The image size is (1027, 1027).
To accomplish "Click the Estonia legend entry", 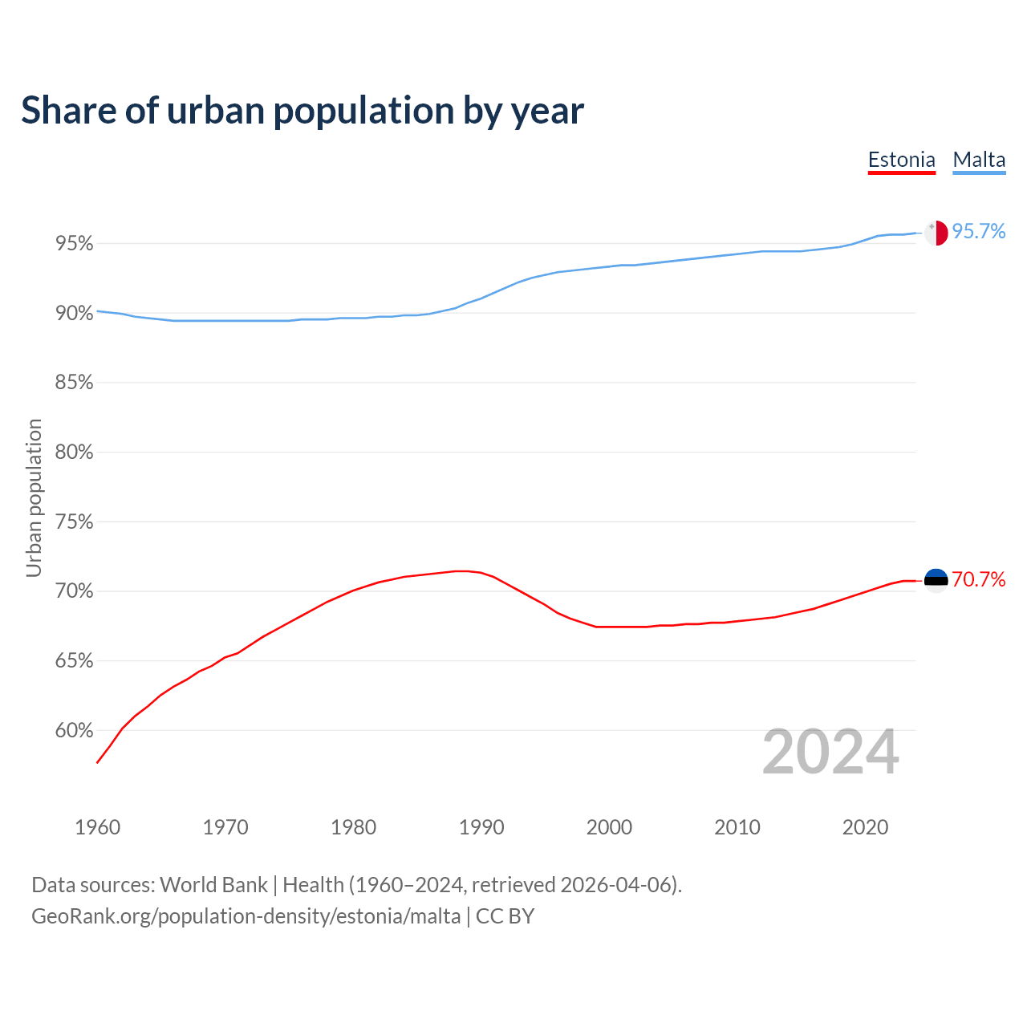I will [x=902, y=160].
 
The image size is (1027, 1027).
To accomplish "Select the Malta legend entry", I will [x=979, y=160].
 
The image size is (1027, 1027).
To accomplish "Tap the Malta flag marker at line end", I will [x=936, y=233].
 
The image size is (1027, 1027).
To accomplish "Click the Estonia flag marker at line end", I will [x=936, y=580].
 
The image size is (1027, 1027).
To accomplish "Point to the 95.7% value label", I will [x=979, y=232].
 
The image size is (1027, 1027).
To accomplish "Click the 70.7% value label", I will [x=979, y=579].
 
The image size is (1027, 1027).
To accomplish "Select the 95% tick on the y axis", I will [x=75, y=243].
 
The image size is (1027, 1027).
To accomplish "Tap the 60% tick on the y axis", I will [x=75, y=731].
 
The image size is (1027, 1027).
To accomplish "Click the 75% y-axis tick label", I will [x=75, y=522].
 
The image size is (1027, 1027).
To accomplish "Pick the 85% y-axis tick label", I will [x=75, y=383].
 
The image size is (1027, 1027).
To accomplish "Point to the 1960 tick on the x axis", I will [x=98, y=827].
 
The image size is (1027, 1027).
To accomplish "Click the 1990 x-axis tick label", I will [x=481, y=827].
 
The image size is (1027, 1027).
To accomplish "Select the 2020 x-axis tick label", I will [x=865, y=827].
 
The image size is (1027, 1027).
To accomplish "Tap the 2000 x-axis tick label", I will [x=609, y=827].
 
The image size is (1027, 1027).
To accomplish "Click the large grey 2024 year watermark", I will [x=830, y=752].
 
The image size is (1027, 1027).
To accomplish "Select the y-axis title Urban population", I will [x=34, y=497].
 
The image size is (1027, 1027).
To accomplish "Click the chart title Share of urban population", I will [x=302, y=111].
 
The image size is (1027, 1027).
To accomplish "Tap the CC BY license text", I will [x=505, y=916].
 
